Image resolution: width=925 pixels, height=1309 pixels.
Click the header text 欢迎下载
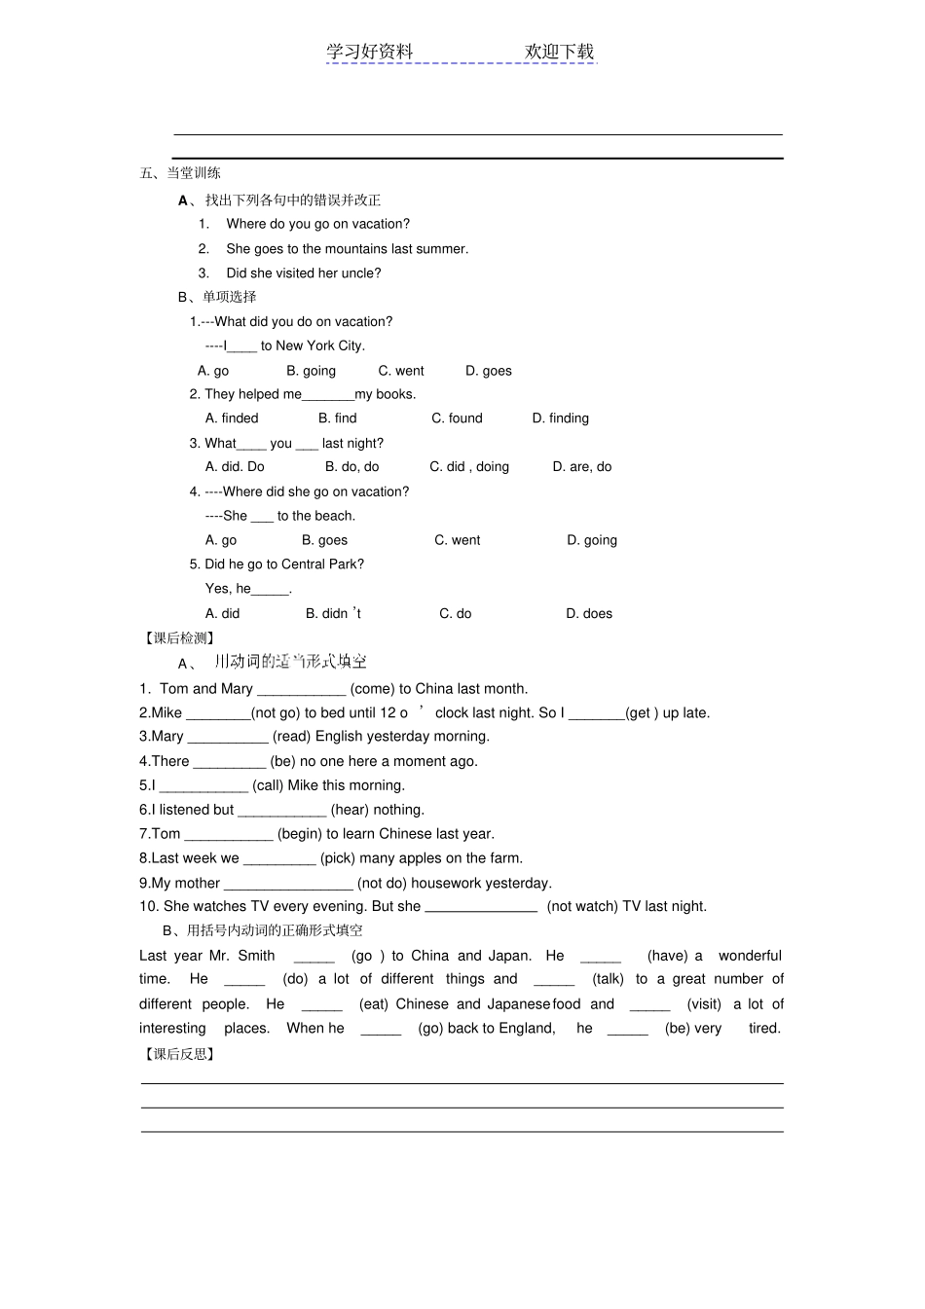(559, 52)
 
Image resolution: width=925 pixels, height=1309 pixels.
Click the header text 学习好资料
(370, 52)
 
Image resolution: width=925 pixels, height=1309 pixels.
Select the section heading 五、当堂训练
(180, 173)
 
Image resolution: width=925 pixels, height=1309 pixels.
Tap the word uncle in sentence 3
(359, 273)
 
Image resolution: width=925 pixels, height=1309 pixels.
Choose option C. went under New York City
(401, 371)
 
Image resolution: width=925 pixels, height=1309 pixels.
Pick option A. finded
(232, 418)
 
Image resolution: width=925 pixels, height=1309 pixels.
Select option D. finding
(560, 418)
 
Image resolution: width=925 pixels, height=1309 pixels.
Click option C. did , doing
(469, 467)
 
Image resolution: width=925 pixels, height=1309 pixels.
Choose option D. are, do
(582, 467)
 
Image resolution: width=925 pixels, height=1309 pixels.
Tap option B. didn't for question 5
(333, 614)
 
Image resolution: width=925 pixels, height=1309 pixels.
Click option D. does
(589, 614)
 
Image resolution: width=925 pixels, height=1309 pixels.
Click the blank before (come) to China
(301, 690)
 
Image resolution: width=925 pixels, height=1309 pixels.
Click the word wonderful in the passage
(750, 957)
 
